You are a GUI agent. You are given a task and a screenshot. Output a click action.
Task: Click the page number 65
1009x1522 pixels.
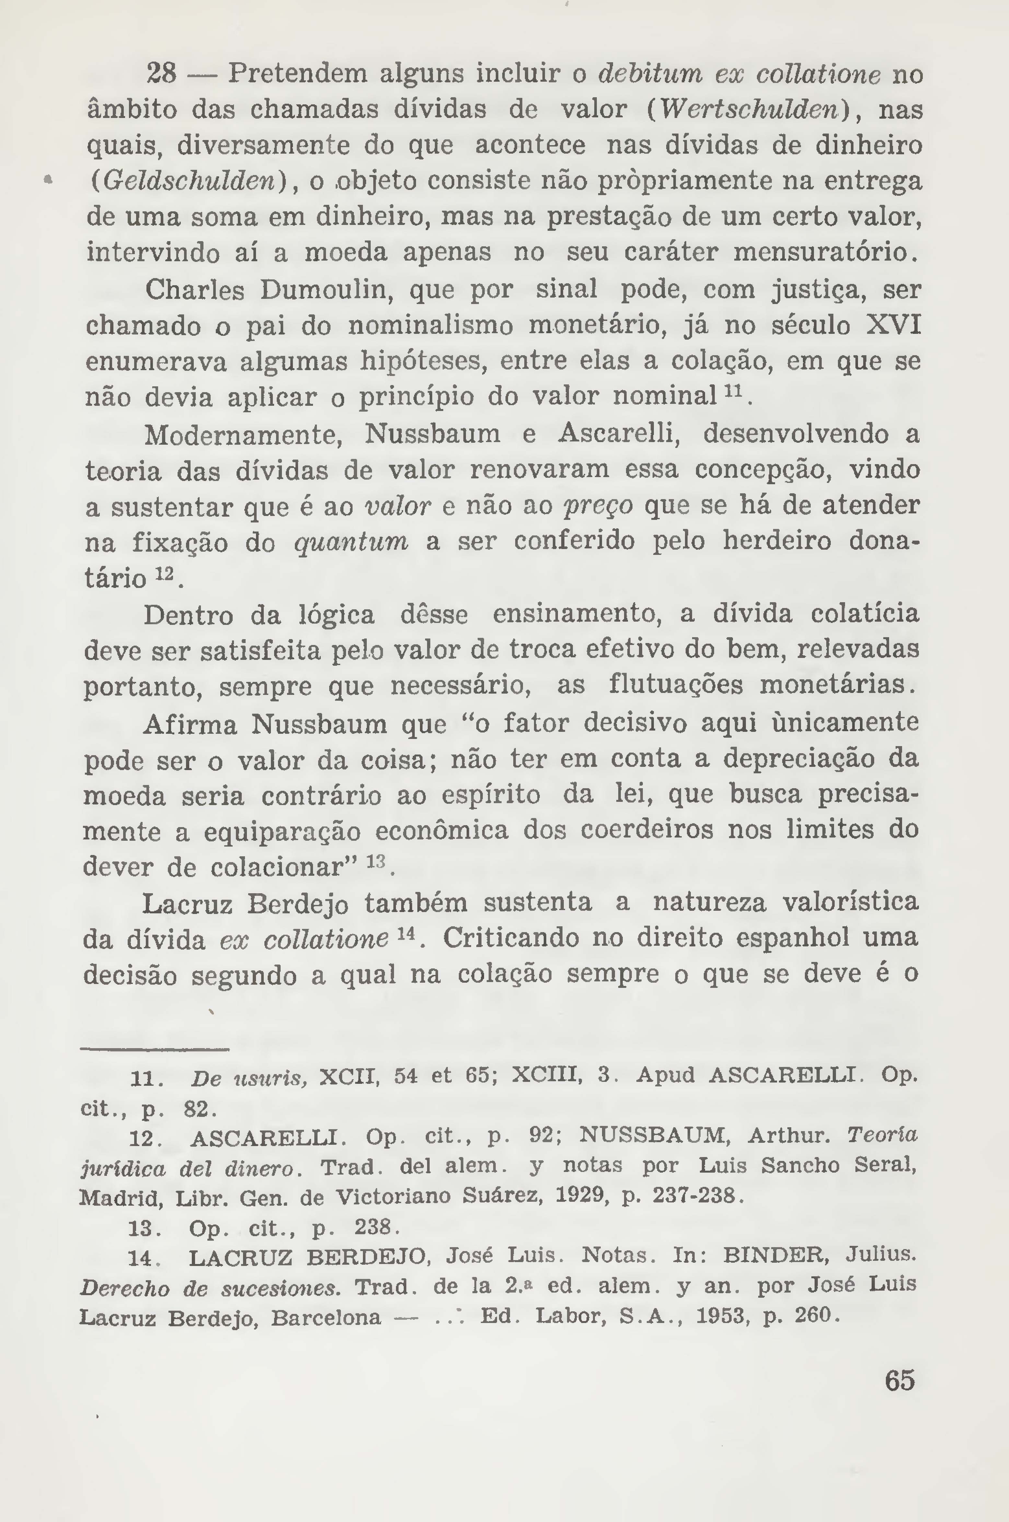coord(899,1399)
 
